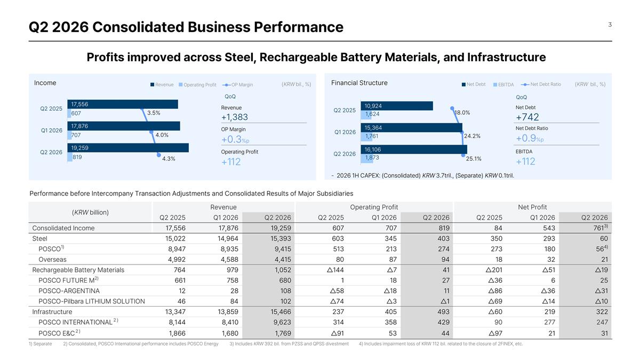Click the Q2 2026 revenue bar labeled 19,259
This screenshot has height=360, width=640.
pos(128,148)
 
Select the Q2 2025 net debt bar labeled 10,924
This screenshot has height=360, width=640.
pos(397,106)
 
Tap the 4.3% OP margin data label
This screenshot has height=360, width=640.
pos(169,159)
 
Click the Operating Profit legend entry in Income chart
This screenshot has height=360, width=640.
pos(197,85)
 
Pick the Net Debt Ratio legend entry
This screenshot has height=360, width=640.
pos(541,84)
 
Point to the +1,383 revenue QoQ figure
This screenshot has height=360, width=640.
pos(235,117)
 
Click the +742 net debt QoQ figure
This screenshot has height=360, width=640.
pos(527,117)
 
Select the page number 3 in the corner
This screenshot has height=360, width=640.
pos(610,25)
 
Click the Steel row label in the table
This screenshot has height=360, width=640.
pos(39,238)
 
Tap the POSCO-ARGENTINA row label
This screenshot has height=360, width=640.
pos(69,291)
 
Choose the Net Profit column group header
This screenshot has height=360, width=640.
pos(532,207)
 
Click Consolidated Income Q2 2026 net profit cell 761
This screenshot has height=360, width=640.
pos(601,228)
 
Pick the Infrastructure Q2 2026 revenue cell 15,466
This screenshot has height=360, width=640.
pos(281,311)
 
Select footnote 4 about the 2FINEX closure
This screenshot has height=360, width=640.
pos(441,343)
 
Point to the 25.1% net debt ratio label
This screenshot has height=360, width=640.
pos(474,158)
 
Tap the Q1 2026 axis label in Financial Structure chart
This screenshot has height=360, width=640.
pos(345,132)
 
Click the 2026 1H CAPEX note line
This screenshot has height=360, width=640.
pos(422,175)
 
